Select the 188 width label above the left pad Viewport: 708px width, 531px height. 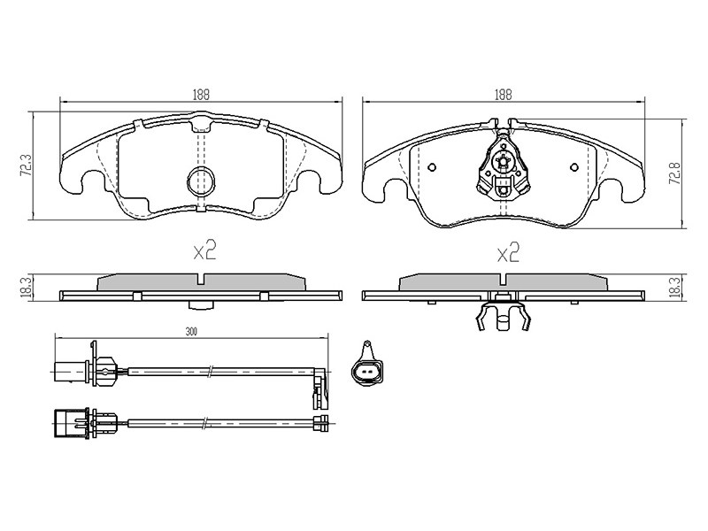pos(202,95)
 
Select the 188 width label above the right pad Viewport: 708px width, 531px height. pos(504,95)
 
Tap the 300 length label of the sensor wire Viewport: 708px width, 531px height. pos(191,332)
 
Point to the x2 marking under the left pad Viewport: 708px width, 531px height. pos(204,250)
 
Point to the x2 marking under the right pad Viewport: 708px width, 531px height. pos(508,253)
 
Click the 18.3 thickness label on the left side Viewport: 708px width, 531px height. pos(27,287)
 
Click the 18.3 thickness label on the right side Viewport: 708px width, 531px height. pos(675,287)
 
